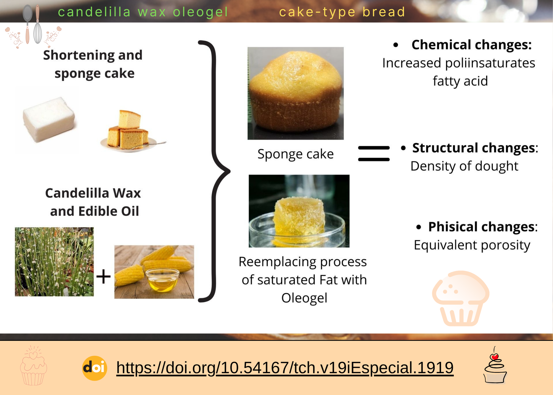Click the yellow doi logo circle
pos(95,368)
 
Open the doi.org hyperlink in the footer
pos(285,368)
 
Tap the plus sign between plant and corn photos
pos(103,276)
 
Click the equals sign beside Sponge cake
pos(374,154)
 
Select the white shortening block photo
pos(48,119)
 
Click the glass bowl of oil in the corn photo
pos(162,280)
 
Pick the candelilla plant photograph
pos(54,262)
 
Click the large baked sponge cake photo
pos(296,93)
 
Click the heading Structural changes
pos(475,148)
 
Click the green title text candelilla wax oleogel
pos(143,12)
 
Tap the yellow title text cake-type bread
pos(342,12)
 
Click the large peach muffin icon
pos(460,298)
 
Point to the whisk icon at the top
pos(38,25)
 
